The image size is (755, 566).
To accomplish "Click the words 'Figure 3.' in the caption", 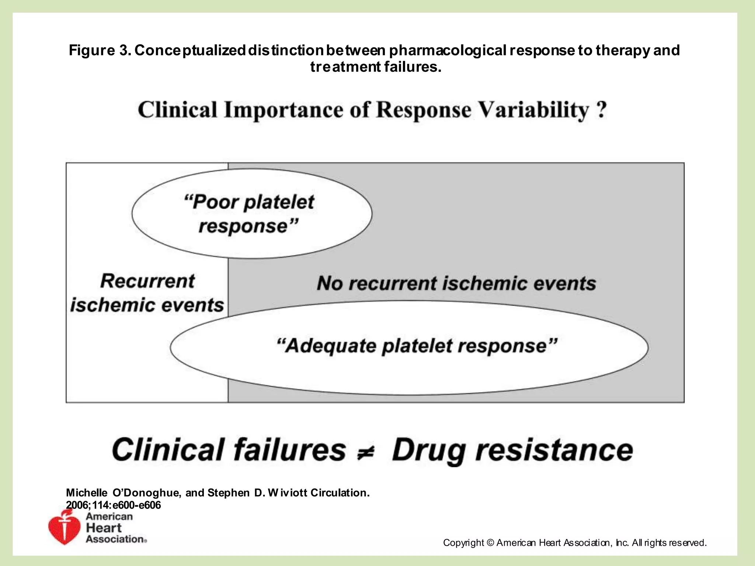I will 100,50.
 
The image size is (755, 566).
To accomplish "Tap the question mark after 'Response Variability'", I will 601,110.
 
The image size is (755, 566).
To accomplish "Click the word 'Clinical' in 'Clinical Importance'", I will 177,110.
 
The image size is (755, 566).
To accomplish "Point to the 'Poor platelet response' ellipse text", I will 249,214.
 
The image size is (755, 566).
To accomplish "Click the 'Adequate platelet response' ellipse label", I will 417,346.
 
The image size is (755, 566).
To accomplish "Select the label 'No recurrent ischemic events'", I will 456,283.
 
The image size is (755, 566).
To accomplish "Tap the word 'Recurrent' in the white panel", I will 147,281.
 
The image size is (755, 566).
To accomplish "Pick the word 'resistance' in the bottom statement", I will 554,450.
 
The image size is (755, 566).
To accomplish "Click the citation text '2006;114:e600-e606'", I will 113,505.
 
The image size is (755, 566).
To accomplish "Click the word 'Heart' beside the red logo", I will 103,528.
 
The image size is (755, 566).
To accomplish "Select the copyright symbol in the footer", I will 490,543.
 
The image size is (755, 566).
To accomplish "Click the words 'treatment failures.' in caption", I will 376,67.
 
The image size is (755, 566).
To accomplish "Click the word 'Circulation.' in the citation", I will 340,493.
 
